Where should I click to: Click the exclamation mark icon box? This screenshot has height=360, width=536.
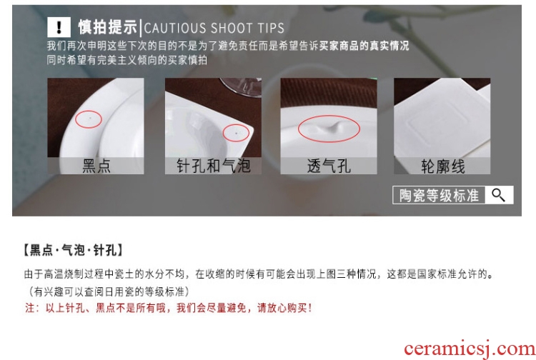[59, 27]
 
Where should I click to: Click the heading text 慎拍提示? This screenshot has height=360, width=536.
[108, 27]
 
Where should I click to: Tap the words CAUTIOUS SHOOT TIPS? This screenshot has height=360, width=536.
[214, 28]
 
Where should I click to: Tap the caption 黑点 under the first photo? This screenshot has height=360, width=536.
[96, 166]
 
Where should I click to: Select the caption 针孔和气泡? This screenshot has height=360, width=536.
[213, 166]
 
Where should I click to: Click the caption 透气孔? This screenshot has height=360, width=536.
[329, 166]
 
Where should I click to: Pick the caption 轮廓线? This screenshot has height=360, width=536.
[442, 166]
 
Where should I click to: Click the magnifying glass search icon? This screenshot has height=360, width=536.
[498, 195]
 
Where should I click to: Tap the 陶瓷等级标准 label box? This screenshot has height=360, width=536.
[439, 195]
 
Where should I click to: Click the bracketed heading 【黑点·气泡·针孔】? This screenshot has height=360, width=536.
[73, 250]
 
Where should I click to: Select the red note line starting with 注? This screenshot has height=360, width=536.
[168, 308]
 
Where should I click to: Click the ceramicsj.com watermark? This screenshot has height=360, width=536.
[470, 349]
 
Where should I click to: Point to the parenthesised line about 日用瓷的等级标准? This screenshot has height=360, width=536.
[107, 291]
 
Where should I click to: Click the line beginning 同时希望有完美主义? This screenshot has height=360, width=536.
[126, 60]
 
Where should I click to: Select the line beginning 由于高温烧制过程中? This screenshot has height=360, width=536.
[259, 274]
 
